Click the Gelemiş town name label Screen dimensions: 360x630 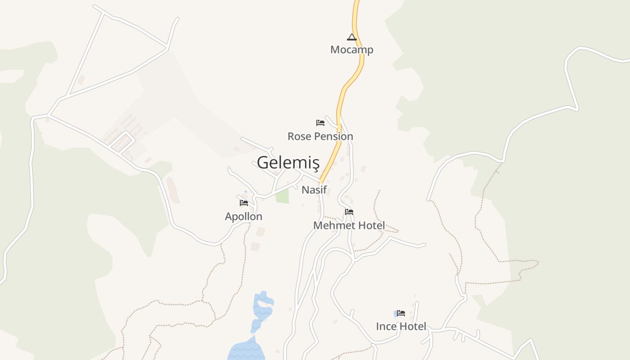point(288,162)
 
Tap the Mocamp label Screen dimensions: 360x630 point(351,49)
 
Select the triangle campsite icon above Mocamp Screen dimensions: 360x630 point(351,37)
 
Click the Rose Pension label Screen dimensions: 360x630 point(320,136)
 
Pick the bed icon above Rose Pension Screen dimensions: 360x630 point(320,122)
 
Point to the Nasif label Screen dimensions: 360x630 point(314,190)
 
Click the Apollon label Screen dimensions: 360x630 point(243,216)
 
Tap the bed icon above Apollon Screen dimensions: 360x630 point(243,203)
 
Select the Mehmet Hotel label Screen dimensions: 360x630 point(349,225)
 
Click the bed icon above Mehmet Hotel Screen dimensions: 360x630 point(349,212)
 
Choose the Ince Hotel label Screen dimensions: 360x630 point(401,326)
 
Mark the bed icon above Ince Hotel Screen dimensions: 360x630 point(400,313)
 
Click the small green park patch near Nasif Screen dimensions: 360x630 point(282,196)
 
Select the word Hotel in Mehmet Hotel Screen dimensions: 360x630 point(370,225)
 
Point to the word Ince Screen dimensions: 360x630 point(385,326)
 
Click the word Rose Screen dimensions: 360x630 point(298,136)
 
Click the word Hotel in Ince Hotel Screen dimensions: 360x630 point(411,326)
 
